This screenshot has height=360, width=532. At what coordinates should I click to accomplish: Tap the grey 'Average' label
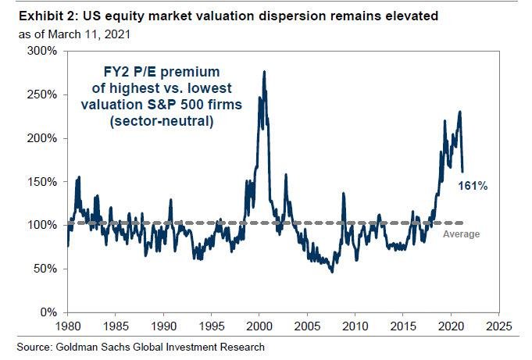pyautogui.click(x=461, y=234)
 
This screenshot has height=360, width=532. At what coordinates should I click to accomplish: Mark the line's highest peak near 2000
pyautogui.click(x=263, y=72)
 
